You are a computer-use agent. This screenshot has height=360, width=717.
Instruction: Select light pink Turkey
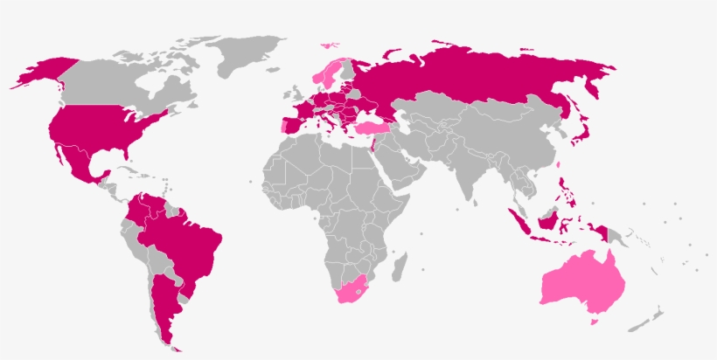coord(371,129)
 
